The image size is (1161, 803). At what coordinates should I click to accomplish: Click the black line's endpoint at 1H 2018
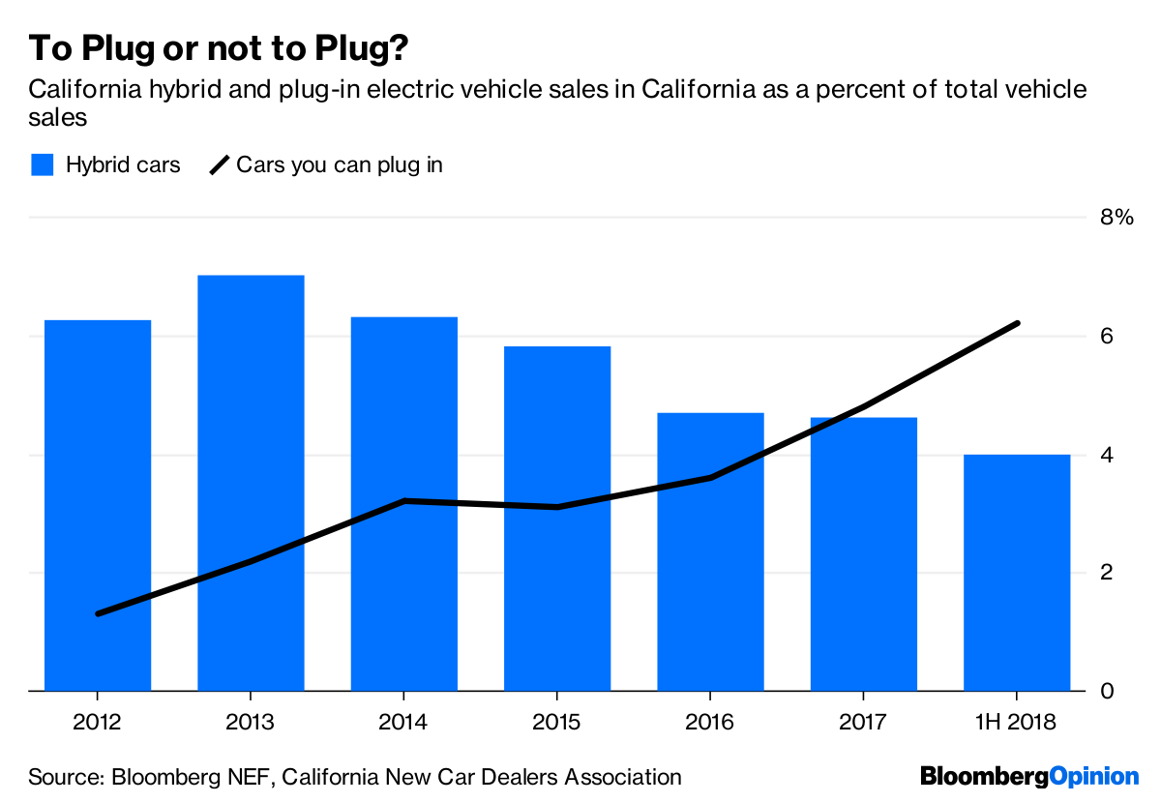(1018, 323)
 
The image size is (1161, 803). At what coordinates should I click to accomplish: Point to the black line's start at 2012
(98, 614)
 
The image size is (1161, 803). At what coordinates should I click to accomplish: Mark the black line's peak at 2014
(403, 501)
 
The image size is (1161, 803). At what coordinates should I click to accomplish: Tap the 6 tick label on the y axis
(1107, 337)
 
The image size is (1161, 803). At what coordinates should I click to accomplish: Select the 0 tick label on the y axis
(1107, 692)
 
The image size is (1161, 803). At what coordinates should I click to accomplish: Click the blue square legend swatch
(42, 164)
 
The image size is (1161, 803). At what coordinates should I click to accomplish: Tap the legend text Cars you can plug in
(339, 164)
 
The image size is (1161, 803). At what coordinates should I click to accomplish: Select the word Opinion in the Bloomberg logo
(1094, 776)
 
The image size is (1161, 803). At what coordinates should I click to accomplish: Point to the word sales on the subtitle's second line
(58, 117)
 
